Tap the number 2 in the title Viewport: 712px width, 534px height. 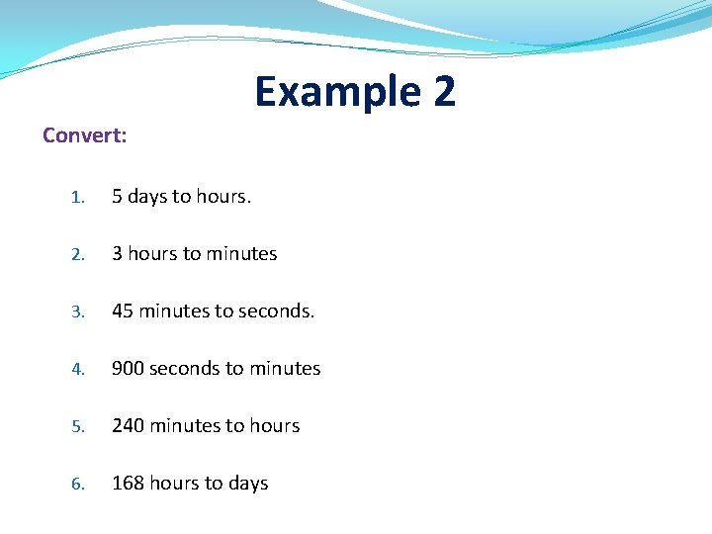coord(444,92)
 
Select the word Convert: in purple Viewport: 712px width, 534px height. coord(85,135)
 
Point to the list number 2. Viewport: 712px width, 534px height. coord(78,255)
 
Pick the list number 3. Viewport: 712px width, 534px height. coord(78,312)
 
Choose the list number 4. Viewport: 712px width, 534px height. coord(78,370)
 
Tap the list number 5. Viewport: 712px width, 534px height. coord(78,427)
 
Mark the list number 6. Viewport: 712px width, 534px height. coord(78,485)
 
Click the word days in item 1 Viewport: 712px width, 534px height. coord(147,197)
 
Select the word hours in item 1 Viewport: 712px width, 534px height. coord(222,197)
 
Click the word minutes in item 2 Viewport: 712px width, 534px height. coord(241,254)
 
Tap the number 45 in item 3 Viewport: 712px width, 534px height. coord(123,311)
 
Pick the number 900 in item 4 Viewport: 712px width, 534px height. coord(128,369)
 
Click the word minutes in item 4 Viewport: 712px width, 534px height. coord(285,369)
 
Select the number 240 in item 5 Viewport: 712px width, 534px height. coord(128,426)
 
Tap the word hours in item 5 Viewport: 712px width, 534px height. coord(275,426)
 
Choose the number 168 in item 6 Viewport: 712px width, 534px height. coord(128,484)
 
